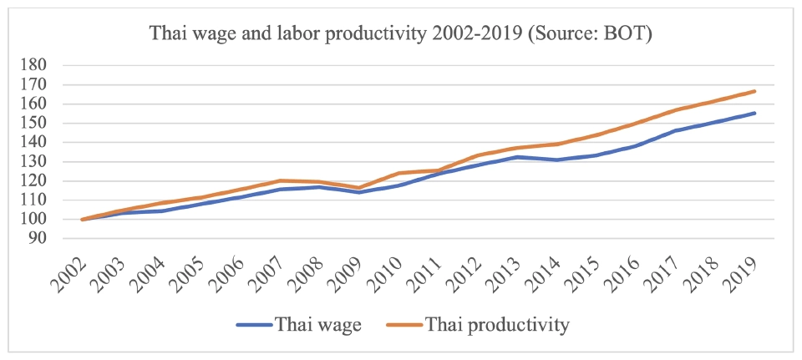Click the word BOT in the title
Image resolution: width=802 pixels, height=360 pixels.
(627, 34)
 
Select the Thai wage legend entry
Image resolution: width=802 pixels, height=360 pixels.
(299, 325)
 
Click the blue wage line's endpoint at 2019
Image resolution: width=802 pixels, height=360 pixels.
(755, 113)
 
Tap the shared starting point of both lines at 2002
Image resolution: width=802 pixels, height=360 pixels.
(82, 220)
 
